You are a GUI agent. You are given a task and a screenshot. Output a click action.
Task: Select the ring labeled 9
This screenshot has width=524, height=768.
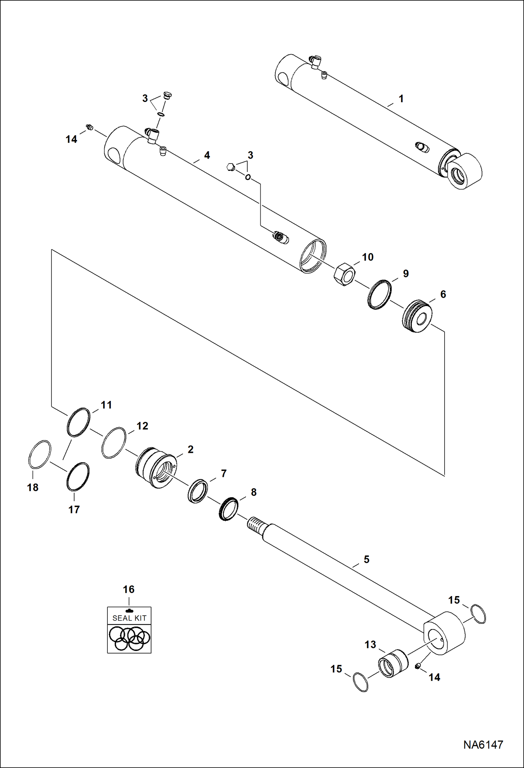(x=379, y=295)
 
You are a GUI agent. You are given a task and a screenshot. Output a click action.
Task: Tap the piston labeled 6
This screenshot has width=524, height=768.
(x=417, y=316)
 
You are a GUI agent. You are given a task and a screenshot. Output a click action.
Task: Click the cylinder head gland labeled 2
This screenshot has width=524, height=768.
(x=156, y=467)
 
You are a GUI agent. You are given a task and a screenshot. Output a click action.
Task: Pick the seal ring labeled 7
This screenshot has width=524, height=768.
(x=198, y=491)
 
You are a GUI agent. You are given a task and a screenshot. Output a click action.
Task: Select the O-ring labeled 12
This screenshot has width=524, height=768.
(x=114, y=443)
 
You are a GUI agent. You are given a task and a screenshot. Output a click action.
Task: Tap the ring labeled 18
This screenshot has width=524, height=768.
(x=40, y=455)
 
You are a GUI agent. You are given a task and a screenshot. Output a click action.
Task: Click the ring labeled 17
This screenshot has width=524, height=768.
(x=78, y=477)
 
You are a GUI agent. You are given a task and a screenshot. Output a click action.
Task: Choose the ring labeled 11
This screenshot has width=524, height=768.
(x=78, y=422)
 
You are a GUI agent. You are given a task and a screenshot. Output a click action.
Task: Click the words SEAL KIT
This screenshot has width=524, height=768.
(x=129, y=618)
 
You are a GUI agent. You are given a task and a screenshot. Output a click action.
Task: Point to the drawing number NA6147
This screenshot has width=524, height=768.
(x=483, y=744)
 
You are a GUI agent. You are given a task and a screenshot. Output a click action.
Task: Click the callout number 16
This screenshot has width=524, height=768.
(x=129, y=589)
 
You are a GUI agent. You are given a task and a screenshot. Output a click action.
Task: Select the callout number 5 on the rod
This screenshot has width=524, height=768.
(x=366, y=559)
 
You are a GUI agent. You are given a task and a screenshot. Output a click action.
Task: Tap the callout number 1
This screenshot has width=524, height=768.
(x=401, y=99)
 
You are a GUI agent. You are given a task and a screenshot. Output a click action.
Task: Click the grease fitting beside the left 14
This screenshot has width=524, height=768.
(x=90, y=127)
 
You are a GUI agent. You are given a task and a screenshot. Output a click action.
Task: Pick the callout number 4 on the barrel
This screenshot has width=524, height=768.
(x=207, y=155)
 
